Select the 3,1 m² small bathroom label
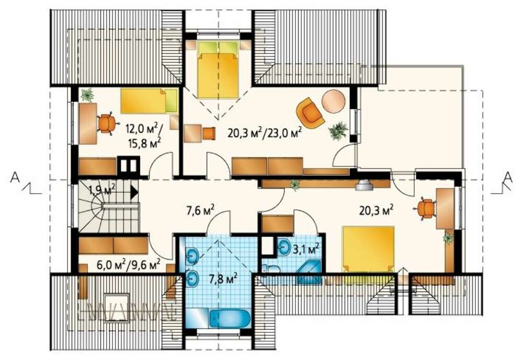pyautogui.click(x=305, y=248)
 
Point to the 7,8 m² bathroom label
pyautogui.click(x=223, y=278)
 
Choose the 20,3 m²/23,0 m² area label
pyautogui.click(x=265, y=133)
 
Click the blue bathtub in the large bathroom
pyautogui.click(x=230, y=319)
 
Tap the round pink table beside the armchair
pyautogui.click(x=334, y=102)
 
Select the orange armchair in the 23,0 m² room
pyautogui.click(x=310, y=113)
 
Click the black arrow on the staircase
pyautogui.click(x=134, y=193)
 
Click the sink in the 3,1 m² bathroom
pyautogui.click(x=284, y=247)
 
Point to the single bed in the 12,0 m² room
pyautogui.click(x=149, y=101)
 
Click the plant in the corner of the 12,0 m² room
pyautogui.click(x=87, y=95)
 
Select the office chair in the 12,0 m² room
pyautogui.click(x=107, y=124)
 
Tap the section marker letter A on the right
pyautogui.click(x=507, y=177)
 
